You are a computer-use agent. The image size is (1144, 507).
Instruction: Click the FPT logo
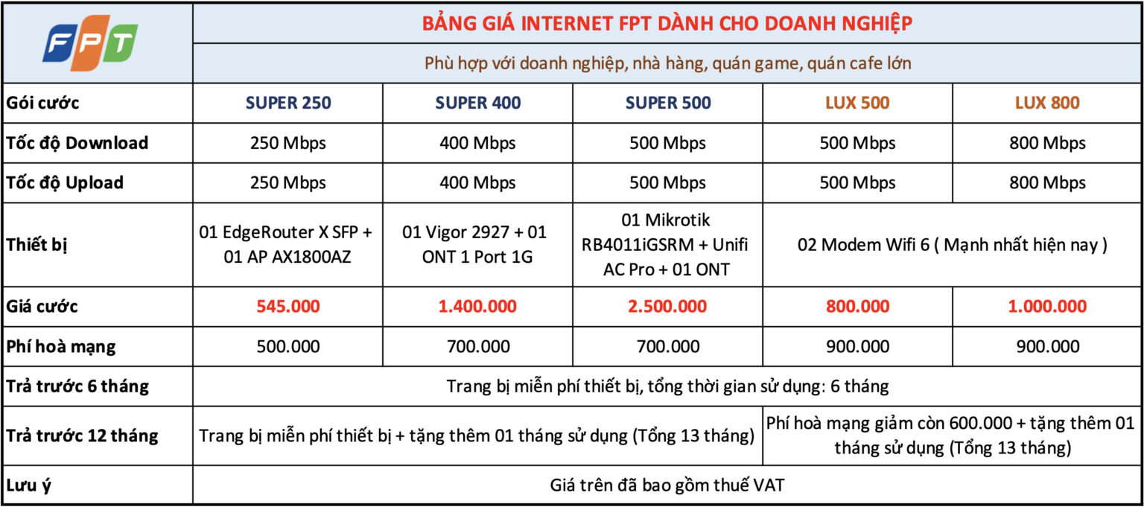click(x=90, y=43)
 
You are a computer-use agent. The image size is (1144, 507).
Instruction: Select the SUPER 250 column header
click(x=288, y=103)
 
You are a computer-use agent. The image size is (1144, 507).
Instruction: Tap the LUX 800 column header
click(x=1047, y=103)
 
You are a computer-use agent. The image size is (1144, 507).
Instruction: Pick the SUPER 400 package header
click(x=478, y=103)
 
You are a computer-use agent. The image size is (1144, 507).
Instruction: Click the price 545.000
click(x=288, y=306)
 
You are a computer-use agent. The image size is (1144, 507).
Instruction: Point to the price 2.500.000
click(x=667, y=306)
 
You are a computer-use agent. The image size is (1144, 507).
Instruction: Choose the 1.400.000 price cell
click(x=477, y=306)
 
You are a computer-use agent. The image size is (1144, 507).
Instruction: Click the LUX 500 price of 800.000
click(x=857, y=306)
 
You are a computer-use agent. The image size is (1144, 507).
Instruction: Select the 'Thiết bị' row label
click(x=36, y=245)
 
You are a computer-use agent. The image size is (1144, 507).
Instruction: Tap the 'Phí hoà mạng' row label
click(x=61, y=347)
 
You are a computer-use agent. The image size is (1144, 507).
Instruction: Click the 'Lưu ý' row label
click(x=28, y=485)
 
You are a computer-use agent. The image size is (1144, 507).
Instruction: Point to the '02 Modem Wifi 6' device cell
click(x=953, y=245)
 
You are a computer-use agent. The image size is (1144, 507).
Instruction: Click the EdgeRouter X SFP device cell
click(x=286, y=244)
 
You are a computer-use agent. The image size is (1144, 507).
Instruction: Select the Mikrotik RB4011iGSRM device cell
click(x=665, y=244)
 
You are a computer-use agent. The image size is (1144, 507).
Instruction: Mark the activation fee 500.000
click(x=288, y=347)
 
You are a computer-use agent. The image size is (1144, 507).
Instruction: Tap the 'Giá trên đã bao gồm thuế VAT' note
click(x=667, y=485)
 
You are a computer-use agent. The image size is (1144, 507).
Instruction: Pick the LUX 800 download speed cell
click(x=1047, y=143)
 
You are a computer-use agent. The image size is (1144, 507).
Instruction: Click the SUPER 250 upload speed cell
click(x=288, y=183)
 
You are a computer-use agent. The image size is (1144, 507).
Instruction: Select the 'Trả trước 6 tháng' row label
click(x=77, y=386)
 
